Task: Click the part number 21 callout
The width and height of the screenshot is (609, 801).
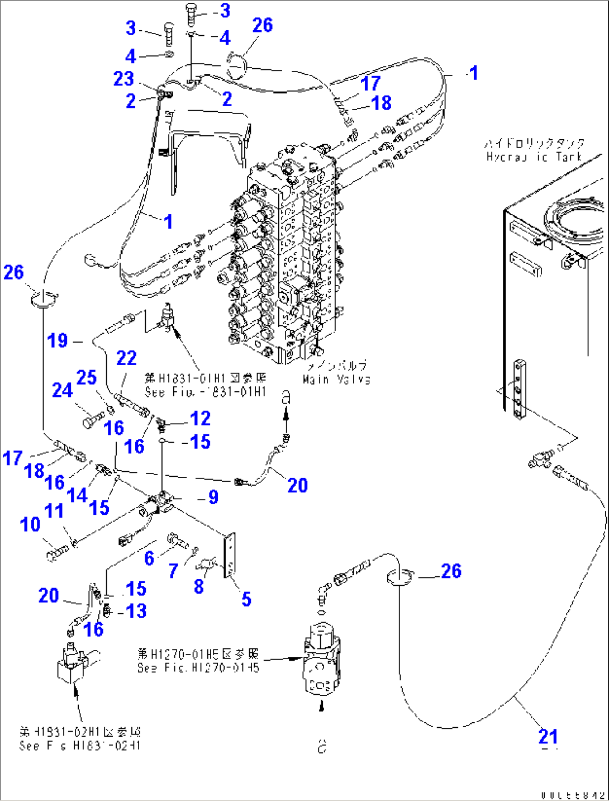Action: [x=548, y=736]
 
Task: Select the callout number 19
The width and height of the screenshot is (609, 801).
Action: [x=58, y=340]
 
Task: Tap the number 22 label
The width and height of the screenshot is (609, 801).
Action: [x=126, y=358]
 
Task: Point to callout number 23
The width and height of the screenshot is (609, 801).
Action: [x=123, y=79]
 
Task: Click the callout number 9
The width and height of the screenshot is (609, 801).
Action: [x=213, y=497]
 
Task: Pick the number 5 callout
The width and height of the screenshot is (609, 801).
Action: [x=246, y=599]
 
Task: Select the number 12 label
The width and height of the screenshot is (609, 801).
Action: [x=200, y=418]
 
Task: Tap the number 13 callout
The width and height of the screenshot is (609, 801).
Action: [x=136, y=611]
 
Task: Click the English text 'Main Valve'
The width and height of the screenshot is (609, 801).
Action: [x=336, y=380]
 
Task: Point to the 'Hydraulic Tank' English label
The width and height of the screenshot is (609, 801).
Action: [x=534, y=157]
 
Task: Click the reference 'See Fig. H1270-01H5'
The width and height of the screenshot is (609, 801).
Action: [x=198, y=667]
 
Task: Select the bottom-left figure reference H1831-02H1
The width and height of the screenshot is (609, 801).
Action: [x=80, y=745]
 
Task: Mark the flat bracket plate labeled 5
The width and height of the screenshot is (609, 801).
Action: [x=230, y=554]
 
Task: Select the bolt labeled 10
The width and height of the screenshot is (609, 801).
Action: [x=56, y=554]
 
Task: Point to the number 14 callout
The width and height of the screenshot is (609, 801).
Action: [x=77, y=495]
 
